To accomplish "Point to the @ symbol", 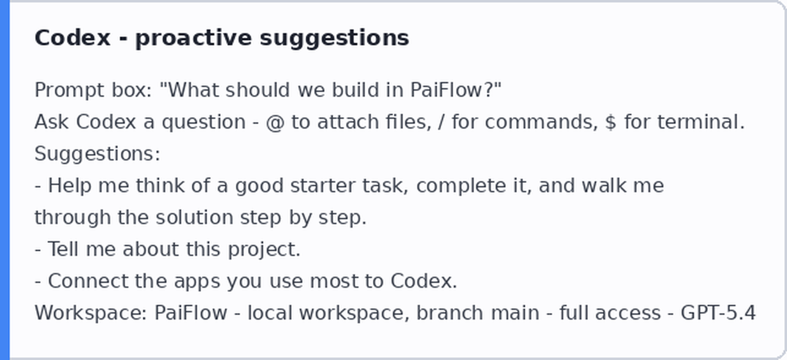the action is pyautogui.click(x=275, y=122).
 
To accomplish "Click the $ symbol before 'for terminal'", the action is pyautogui.click(x=611, y=122).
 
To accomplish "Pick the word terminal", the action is pyautogui.click(x=701, y=122).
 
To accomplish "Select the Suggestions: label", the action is pyautogui.click(x=97, y=154).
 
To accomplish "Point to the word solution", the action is pyautogui.click(x=195, y=217).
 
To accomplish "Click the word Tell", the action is pyautogui.click(x=63, y=249).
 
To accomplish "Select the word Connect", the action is pyautogui.click(x=88, y=281).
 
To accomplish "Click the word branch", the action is pyautogui.click(x=449, y=313).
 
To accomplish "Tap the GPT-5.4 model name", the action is pyautogui.click(x=718, y=313).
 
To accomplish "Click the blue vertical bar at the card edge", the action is pyautogui.click(x=4, y=180).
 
